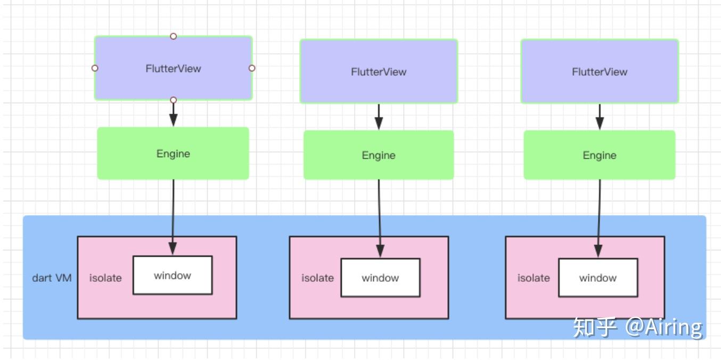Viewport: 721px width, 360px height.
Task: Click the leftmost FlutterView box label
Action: pyautogui.click(x=173, y=69)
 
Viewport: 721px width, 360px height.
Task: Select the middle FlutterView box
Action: pyautogui.click(x=379, y=71)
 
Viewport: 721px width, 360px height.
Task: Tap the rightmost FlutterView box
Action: pyautogui.click(x=600, y=71)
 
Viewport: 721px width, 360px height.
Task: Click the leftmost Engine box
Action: pyautogui.click(x=173, y=153)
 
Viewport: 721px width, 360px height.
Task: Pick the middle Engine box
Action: pyautogui.click(x=379, y=155)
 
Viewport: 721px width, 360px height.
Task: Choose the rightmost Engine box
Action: pyautogui.click(x=600, y=155)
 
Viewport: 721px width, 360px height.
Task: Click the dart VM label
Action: pyautogui.click(x=52, y=278)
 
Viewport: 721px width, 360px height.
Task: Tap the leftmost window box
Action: pyautogui.click(x=173, y=275)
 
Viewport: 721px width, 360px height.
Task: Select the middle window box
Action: pyautogui.click(x=380, y=277)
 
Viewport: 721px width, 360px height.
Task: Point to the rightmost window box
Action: pyautogui.click(x=597, y=277)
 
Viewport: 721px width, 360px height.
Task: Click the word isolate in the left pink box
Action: pyautogui.click(x=105, y=278)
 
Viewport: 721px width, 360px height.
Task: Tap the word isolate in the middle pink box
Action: pyautogui.click(x=317, y=278)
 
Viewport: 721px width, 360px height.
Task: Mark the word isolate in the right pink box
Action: pyautogui.click(x=534, y=278)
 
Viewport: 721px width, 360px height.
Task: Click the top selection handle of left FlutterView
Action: pyautogui.click(x=173, y=36)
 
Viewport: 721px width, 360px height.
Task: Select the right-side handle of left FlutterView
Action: pyautogui.click(x=252, y=68)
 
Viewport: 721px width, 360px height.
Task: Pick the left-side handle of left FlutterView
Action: pyautogui.click(x=95, y=68)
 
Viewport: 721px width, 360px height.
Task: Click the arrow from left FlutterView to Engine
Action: pyautogui.click(x=173, y=114)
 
